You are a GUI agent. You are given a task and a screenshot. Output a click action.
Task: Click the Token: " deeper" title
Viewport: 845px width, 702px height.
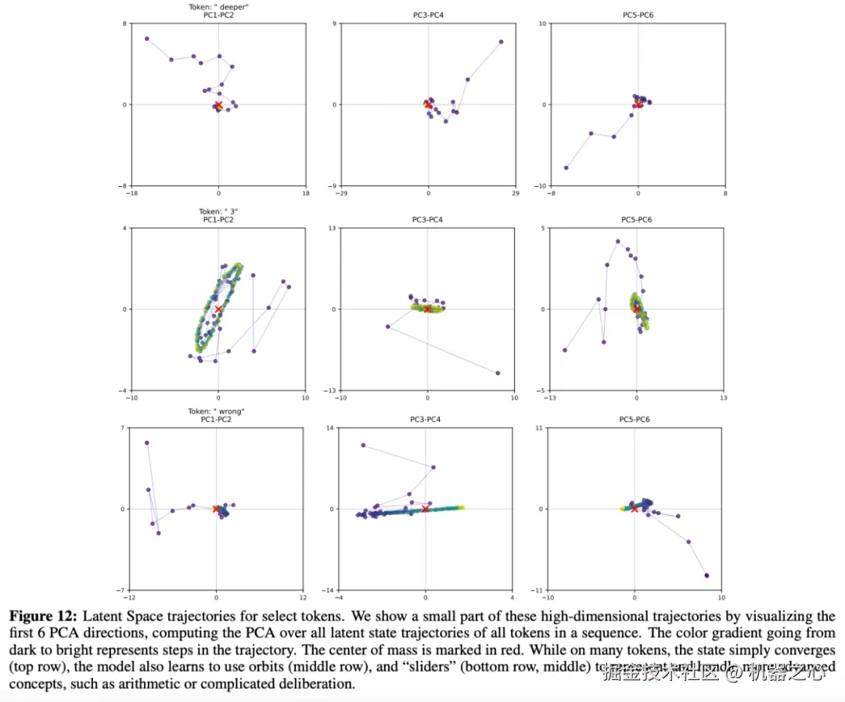218,7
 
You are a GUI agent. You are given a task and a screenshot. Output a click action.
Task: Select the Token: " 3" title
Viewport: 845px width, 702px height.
218,211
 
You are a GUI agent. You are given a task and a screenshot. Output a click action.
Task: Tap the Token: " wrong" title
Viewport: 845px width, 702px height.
218,412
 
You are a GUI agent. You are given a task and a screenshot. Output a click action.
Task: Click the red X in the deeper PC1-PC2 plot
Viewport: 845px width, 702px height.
218,105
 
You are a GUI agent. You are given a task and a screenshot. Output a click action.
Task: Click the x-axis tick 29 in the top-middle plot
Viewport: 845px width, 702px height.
515,193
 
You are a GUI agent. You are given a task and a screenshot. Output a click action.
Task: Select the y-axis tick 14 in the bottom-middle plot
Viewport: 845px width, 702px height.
331,428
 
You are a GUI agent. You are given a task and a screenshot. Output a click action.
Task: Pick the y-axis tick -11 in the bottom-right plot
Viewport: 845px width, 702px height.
538,590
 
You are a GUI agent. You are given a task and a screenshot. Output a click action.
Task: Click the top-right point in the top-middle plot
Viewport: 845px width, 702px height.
501,42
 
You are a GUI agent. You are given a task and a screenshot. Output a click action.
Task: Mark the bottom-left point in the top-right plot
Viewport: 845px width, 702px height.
566,167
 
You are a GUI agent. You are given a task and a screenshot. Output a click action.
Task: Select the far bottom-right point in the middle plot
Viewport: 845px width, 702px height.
498,373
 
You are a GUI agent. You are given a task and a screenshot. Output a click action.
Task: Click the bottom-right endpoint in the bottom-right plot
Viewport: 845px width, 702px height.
707,575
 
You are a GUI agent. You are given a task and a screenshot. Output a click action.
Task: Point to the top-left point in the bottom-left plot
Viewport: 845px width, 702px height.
146,443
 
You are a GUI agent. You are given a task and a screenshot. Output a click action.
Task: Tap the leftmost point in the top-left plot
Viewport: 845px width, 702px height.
146,38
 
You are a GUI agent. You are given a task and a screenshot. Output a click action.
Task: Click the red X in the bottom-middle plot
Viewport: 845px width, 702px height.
426,509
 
